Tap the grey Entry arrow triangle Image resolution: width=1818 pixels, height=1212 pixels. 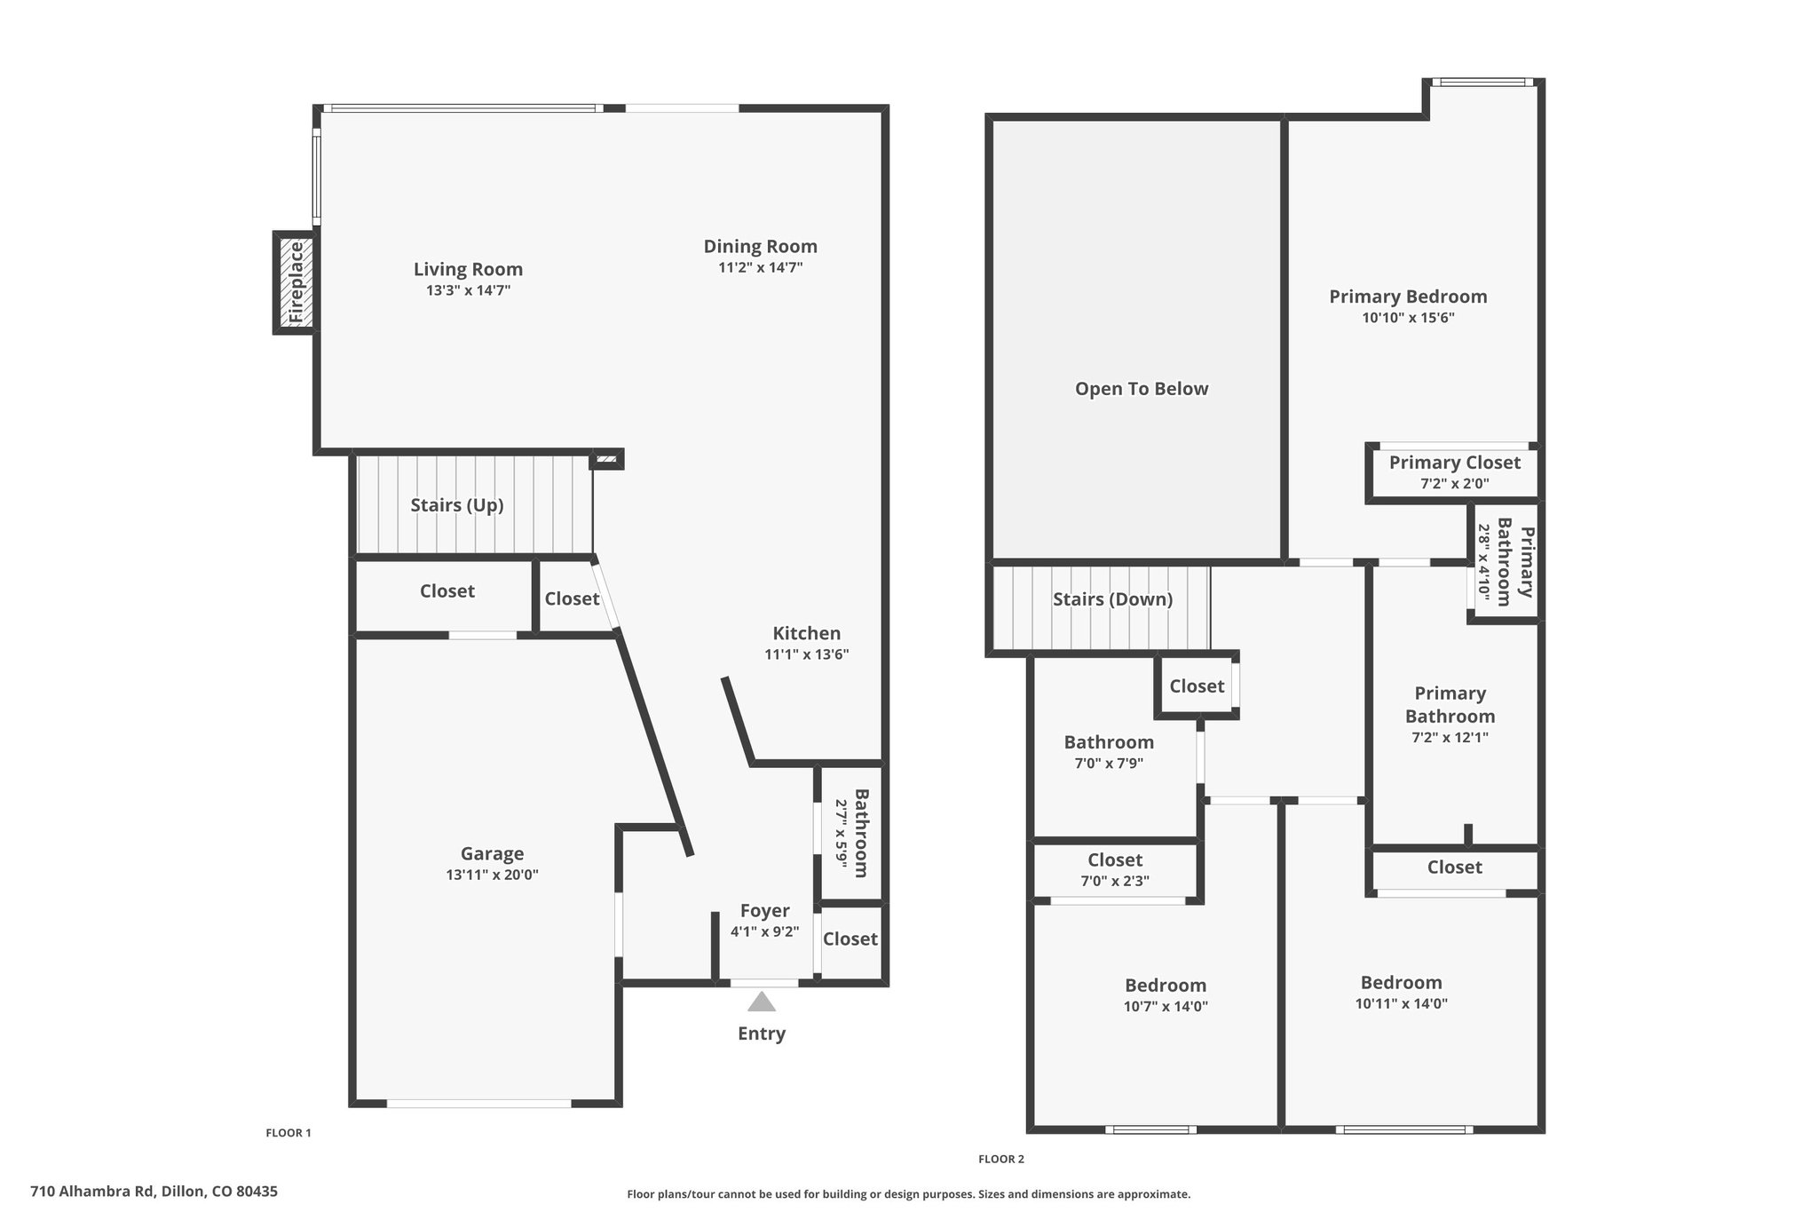coord(762,1002)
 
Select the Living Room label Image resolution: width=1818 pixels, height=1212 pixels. coord(468,269)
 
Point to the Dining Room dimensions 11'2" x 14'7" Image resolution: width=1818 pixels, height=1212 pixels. coord(761,267)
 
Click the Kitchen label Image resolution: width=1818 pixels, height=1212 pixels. coord(806,633)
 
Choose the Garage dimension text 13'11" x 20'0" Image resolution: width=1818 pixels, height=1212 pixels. coord(492,875)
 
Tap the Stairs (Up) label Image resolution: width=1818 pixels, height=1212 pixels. coord(457,505)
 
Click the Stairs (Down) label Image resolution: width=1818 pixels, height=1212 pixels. coord(1113,599)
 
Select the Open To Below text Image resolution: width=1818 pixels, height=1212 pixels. coord(1142,389)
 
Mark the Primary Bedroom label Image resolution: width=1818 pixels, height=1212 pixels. coord(1408,297)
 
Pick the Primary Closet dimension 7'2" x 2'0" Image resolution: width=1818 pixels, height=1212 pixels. coord(1455,484)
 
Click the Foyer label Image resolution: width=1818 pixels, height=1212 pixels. coord(764,911)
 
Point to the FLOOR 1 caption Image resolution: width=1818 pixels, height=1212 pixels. coord(289,1133)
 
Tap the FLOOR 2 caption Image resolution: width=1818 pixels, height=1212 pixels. coord(1001,1159)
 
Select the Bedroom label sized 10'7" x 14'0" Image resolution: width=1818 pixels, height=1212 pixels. coord(1166,986)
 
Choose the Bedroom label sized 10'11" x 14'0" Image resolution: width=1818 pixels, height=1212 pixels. coord(1401,983)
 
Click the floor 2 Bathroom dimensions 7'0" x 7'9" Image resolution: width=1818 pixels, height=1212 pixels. coord(1109,763)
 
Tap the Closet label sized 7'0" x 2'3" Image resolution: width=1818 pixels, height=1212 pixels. coord(1115,860)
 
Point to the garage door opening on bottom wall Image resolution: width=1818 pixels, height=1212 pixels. coord(479,1104)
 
